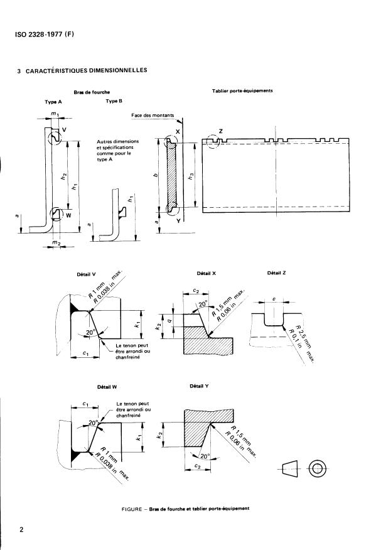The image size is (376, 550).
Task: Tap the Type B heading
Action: pyautogui.click(x=114, y=100)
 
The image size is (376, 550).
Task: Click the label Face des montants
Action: pyautogui.click(x=154, y=116)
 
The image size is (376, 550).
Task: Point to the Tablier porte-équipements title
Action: pyautogui.click(x=242, y=91)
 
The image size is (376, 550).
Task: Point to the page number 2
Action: pyautogui.click(x=21, y=529)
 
